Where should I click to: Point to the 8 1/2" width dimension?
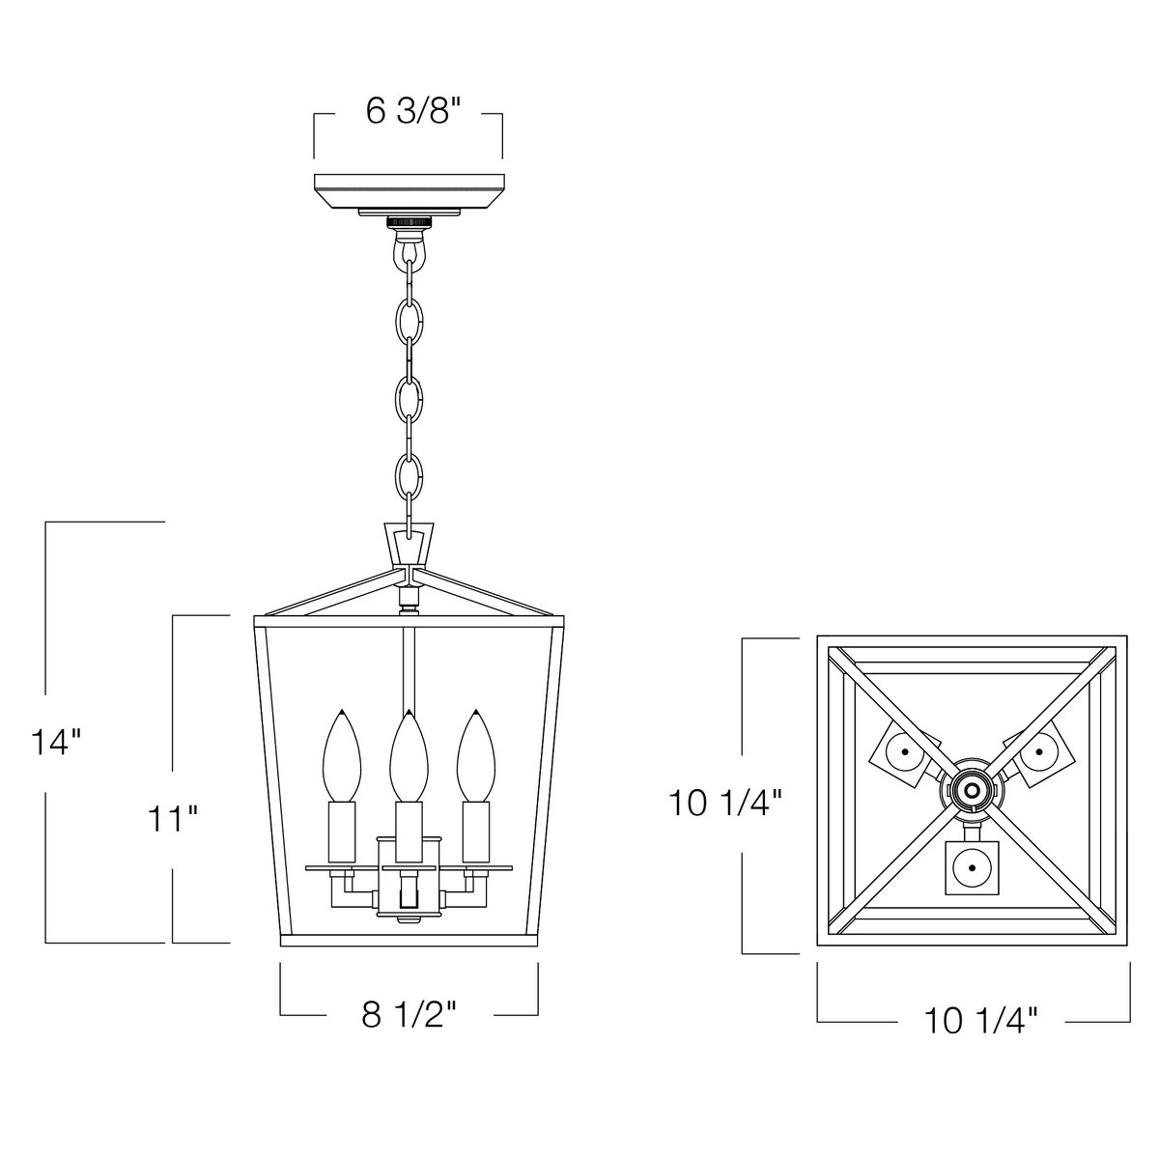(x=410, y=1015)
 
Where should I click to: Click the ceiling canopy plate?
(x=410, y=190)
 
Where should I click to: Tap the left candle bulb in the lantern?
(x=342, y=756)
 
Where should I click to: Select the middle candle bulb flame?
(x=409, y=756)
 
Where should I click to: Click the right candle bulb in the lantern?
(x=476, y=756)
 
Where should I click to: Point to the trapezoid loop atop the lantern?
(x=409, y=546)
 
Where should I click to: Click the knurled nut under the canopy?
(x=409, y=222)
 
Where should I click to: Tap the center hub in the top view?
(x=972, y=790)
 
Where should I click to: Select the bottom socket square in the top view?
(x=972, y=868)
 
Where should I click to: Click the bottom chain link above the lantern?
(x=409, y=473)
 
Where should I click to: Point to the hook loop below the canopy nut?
(x=409, y=249)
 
